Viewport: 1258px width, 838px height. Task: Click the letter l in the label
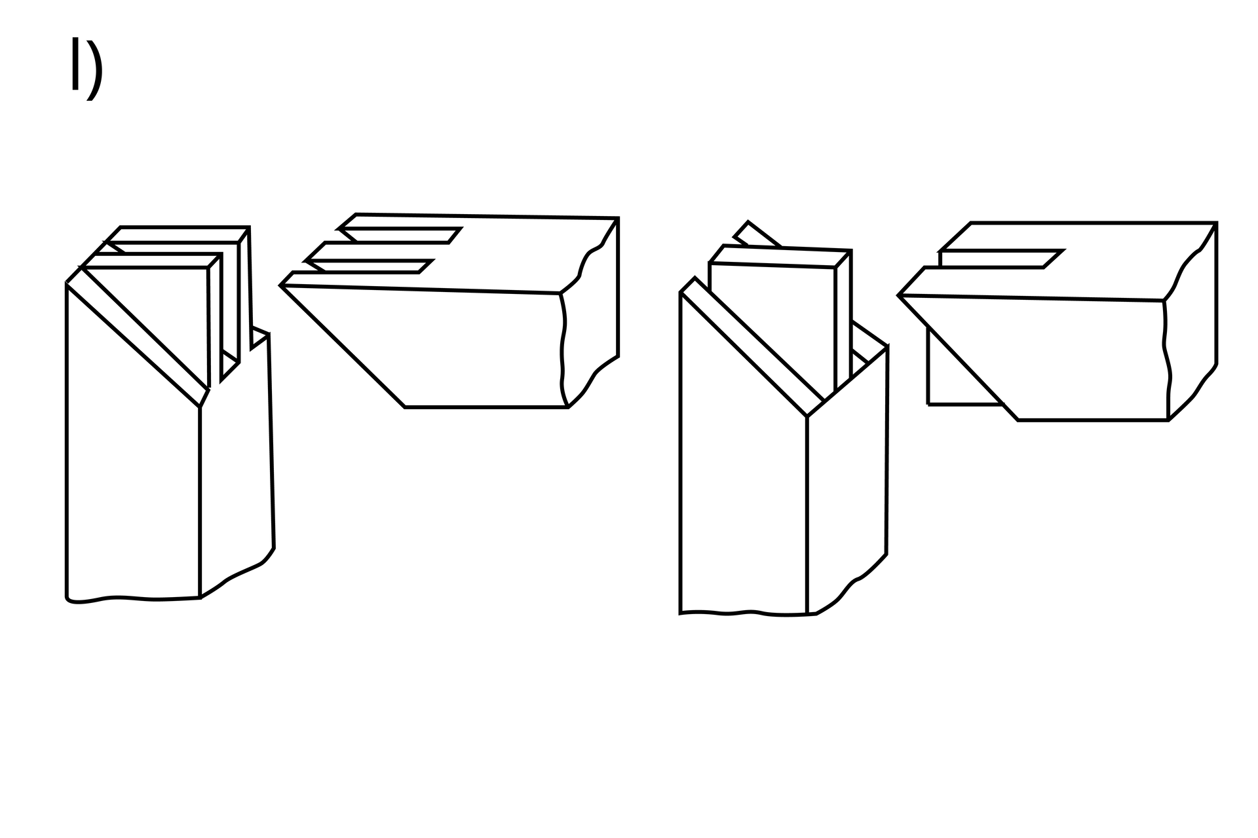[75, 64]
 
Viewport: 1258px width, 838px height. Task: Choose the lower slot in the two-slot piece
[370, 266]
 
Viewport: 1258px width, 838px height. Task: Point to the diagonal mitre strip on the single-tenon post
[752, 347]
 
